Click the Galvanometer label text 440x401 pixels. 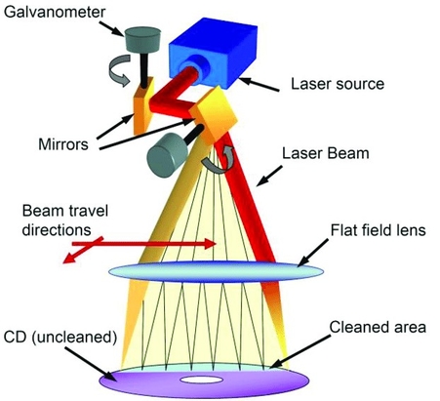(55, 12)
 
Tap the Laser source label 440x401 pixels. (338, 84)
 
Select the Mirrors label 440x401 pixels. (63, 144)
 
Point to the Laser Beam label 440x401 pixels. (326, 153)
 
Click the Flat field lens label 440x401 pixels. (379, 230)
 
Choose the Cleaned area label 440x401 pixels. (378, 327)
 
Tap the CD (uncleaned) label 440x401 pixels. (60, 338)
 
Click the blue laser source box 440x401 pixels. (213, 52)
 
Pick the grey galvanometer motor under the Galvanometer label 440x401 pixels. (142, 39)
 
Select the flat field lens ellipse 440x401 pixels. (216, 271)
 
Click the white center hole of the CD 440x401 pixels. (202, 380)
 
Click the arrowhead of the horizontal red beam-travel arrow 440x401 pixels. (211, 244)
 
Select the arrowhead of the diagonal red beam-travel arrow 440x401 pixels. (68, 258)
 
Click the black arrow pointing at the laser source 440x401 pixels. (260, 84)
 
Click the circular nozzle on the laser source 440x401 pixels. (195, 64)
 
